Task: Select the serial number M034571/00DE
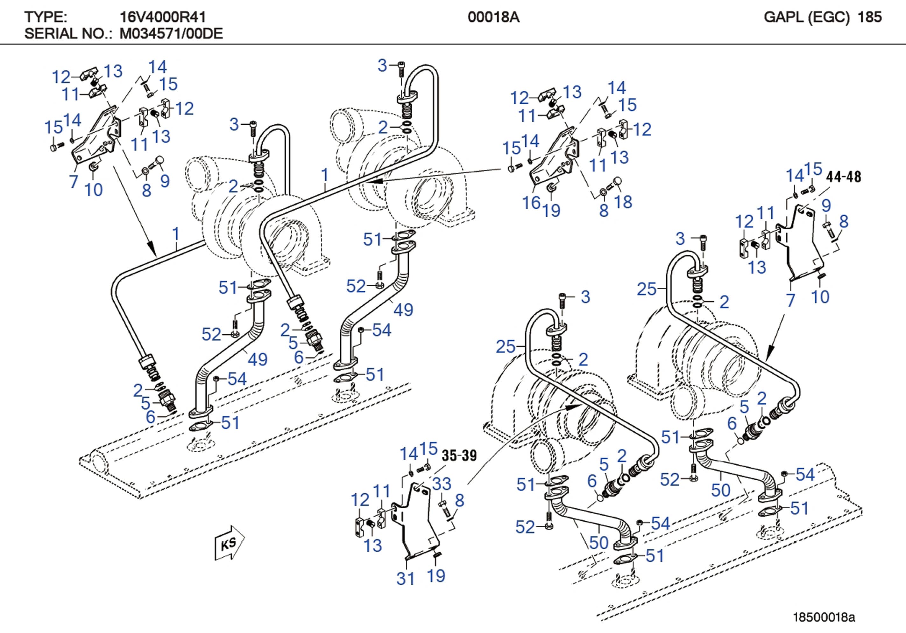click(171, 33)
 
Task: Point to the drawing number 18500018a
click(824, 617)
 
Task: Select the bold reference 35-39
click(459, 456)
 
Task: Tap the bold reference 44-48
click(844, 177)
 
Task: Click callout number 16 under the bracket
click(531, 203)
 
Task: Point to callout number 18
click(623, 202)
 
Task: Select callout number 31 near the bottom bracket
click(406, 579)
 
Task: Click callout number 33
click(442, 483)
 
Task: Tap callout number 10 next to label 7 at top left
click(94, 190)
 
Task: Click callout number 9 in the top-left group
click(165, 181)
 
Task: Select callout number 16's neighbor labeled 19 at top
click(551, 210)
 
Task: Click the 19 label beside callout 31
click(436, 576)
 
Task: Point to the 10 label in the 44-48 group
click(820, 296)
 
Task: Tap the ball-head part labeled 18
click(616, 182)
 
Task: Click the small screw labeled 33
click(444, 509)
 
